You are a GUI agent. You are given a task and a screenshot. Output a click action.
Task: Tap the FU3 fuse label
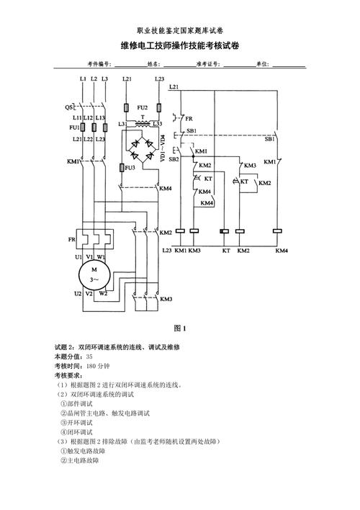pyautogui.click(x=130, y=167)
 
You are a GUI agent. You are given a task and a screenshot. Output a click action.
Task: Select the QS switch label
pyautogui.click(x=68, y=107)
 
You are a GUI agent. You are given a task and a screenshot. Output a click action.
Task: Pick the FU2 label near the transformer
pyautogui.click(x=143, y=107)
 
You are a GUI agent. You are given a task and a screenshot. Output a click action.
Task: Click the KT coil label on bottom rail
pyautogui.click(x=225, y=250)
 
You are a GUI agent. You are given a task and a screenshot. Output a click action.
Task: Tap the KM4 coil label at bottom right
pyautogui.click(x=281, y=250)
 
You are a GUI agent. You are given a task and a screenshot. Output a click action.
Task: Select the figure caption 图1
pyautogui.click(x=180, y=328)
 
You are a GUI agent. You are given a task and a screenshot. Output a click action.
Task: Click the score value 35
pyautogui.click(x=89, y=357)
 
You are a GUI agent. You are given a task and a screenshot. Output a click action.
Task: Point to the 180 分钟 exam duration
pyautogui.click(x=97, y=366)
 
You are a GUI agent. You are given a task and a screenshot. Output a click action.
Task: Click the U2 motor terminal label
pyautogui.click(x=77, y=294)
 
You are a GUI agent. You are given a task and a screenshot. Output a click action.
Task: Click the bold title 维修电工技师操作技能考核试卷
pyautogui.click(x=180, y=45)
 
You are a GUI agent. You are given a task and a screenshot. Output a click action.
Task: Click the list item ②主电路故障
pyautogui.click(x=80, y=460)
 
